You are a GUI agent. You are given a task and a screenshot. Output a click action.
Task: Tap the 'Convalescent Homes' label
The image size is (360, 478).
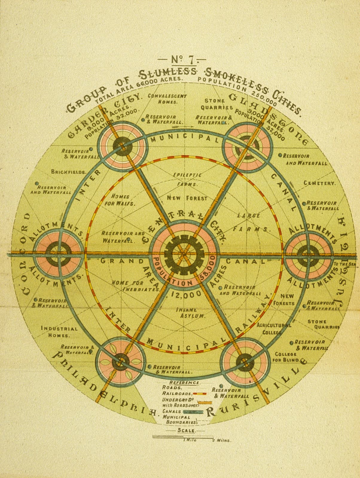(x=167, y=99)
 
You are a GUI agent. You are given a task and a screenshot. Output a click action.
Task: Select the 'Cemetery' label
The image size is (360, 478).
(x=320, y=183)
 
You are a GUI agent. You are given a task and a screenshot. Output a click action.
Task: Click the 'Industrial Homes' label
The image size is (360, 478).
(x=59, y=332)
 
